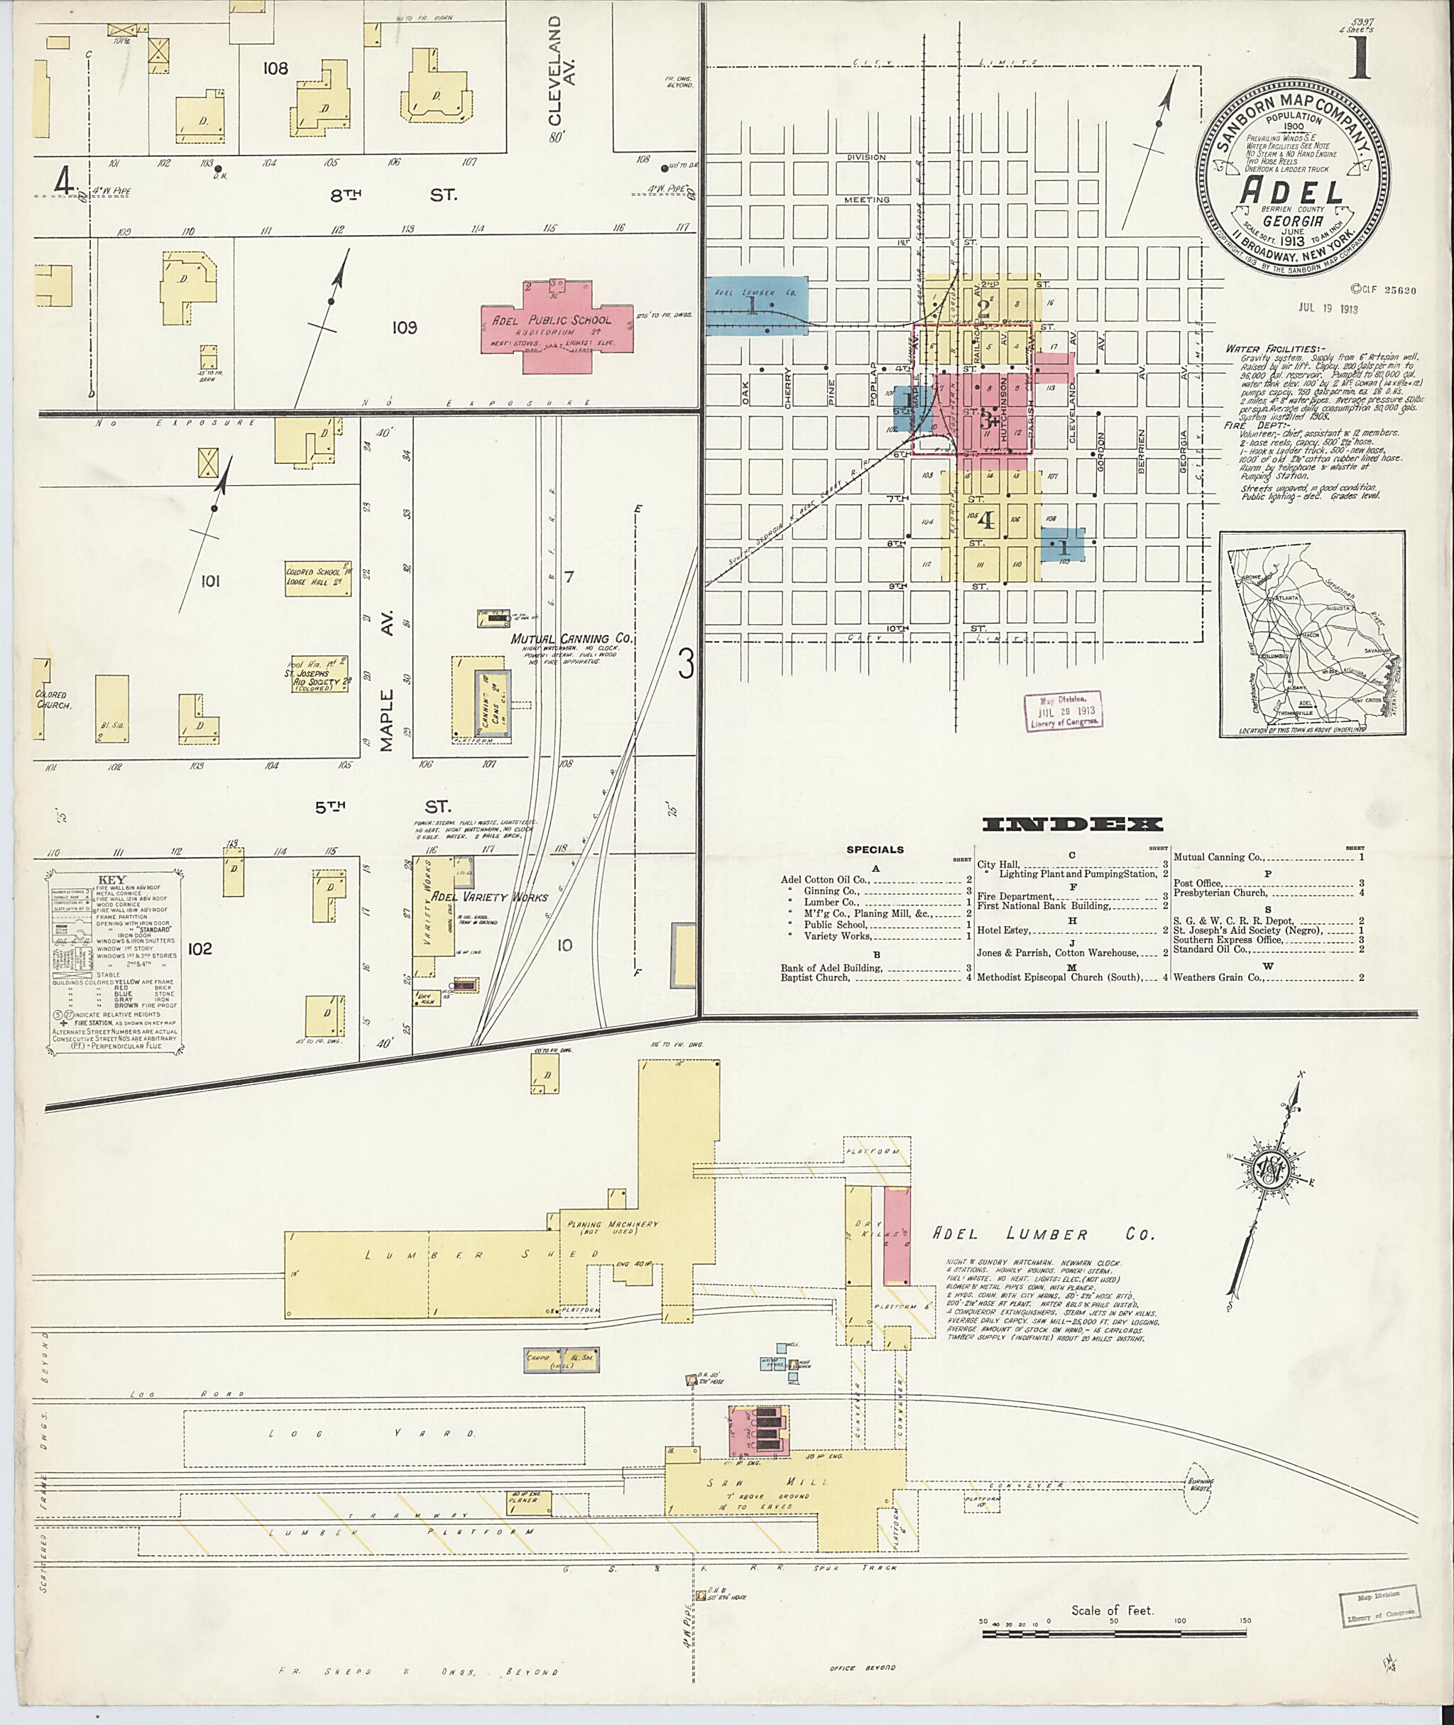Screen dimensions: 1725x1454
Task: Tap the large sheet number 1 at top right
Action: [1358, 60]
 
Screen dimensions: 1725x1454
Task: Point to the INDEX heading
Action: [1072, 824]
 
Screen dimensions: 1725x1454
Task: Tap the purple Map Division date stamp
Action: [1064, 711]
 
